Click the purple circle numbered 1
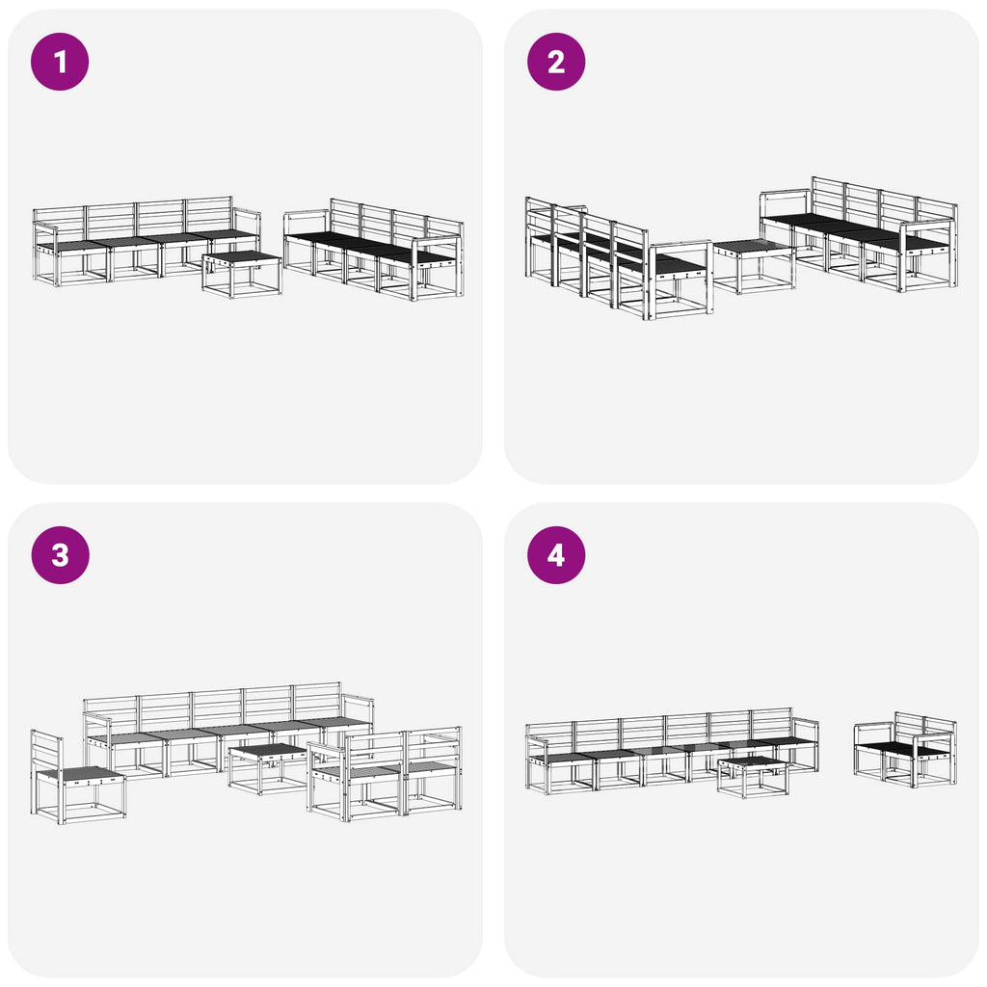coord(60,62)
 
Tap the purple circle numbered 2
coord(556,62)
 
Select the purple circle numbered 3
coord(60,555)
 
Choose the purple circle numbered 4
coord(556,555)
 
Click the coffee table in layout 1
coord(242,274)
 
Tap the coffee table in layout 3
coord(268,768)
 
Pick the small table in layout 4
coord(753,777)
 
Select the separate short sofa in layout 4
coord(905,750)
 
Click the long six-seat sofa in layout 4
coord(672,750)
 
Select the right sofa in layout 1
coord(374,250)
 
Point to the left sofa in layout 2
coord(619,258)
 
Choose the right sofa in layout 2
coord(859,234)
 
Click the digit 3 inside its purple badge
coord(60,555)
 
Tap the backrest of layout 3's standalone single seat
coord(46,754)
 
